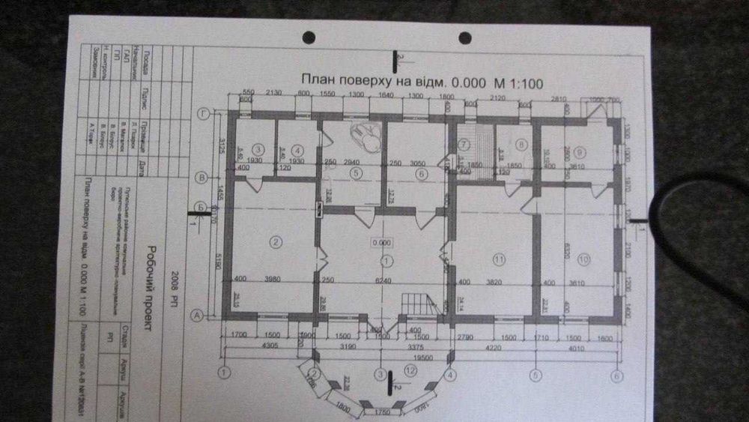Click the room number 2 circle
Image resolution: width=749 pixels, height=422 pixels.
276,241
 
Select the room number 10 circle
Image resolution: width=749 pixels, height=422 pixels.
583,259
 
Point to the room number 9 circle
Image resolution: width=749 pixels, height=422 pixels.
580,153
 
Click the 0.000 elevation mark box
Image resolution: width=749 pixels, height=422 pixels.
382,242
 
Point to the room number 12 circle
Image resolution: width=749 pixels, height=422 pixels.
408,369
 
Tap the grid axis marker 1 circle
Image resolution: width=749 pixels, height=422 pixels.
222,371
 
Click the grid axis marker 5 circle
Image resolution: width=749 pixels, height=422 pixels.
535,374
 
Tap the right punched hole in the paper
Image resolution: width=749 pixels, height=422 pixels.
464,37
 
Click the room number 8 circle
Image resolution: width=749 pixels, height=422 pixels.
523,144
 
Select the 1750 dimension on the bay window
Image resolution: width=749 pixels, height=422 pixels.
383,412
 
